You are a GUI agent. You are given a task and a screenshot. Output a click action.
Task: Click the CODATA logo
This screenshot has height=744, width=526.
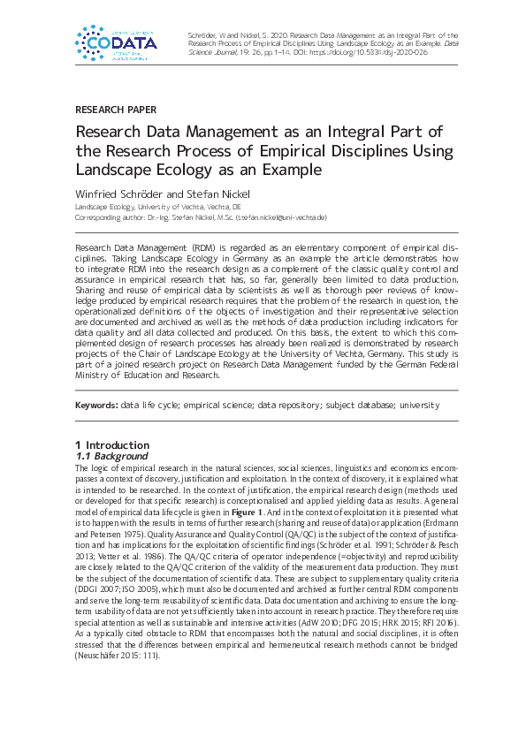coord(117,42)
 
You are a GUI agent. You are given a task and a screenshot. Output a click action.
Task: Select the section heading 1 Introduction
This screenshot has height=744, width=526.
coord(112,444)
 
